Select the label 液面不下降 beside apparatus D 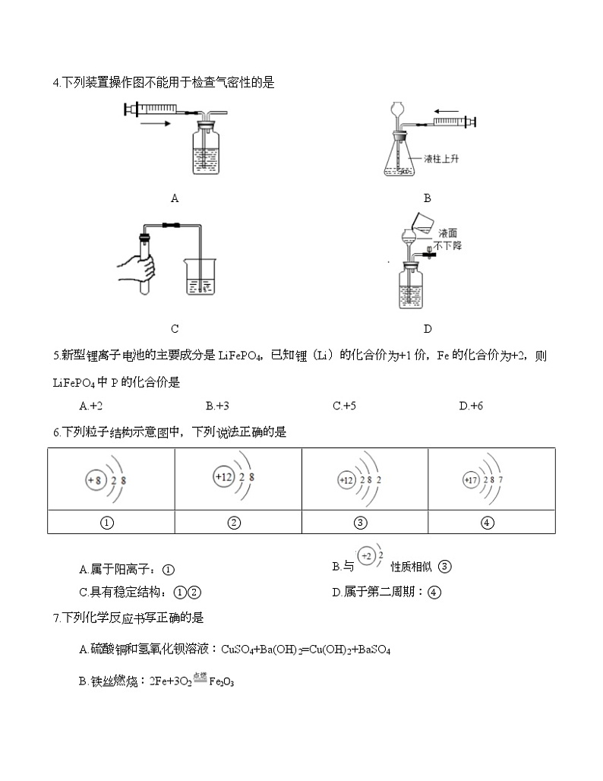[x=448, y=239]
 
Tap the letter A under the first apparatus [x=175, y=198]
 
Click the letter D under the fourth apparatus [x=428, y=329]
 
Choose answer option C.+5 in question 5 [x=344, y=406]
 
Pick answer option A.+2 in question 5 [x=90, y=406]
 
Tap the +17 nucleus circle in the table [x=471, y=480]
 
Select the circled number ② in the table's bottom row [x=234, y=522]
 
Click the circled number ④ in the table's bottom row [x=488, y=522]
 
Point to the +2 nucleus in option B [x=367, y=557]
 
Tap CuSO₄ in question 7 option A [x=236, y=650]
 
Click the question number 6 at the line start [x=57, y=432]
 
